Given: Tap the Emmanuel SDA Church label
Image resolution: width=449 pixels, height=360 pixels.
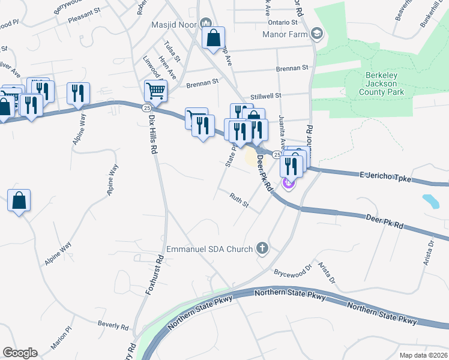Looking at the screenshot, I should click(210, 248).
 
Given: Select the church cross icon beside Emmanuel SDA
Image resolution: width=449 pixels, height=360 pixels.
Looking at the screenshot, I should click(261, 247).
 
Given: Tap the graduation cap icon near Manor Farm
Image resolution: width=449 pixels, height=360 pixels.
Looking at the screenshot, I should click(316, 34).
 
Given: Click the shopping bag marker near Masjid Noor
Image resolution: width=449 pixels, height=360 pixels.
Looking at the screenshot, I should click(214, 38).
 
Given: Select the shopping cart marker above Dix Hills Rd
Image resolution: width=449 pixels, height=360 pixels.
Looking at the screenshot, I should click(155, 91).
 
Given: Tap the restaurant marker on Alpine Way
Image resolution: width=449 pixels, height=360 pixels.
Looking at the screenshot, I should click(78, 94).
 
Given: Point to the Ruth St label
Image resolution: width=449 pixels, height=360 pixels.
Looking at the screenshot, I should click(240, 200).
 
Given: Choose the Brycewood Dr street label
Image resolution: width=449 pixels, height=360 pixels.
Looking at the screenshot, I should click(293, 271).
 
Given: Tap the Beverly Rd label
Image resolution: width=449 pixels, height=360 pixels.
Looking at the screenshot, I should click(113, 326).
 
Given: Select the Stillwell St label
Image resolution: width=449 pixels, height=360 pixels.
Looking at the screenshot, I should click(266, 95).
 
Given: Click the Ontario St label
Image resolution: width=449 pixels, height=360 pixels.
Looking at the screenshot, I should click(283, 22).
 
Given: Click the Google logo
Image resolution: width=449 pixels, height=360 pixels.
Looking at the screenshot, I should click(20, 353).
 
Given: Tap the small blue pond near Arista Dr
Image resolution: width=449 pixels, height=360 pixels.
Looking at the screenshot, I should click(430, 200).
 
